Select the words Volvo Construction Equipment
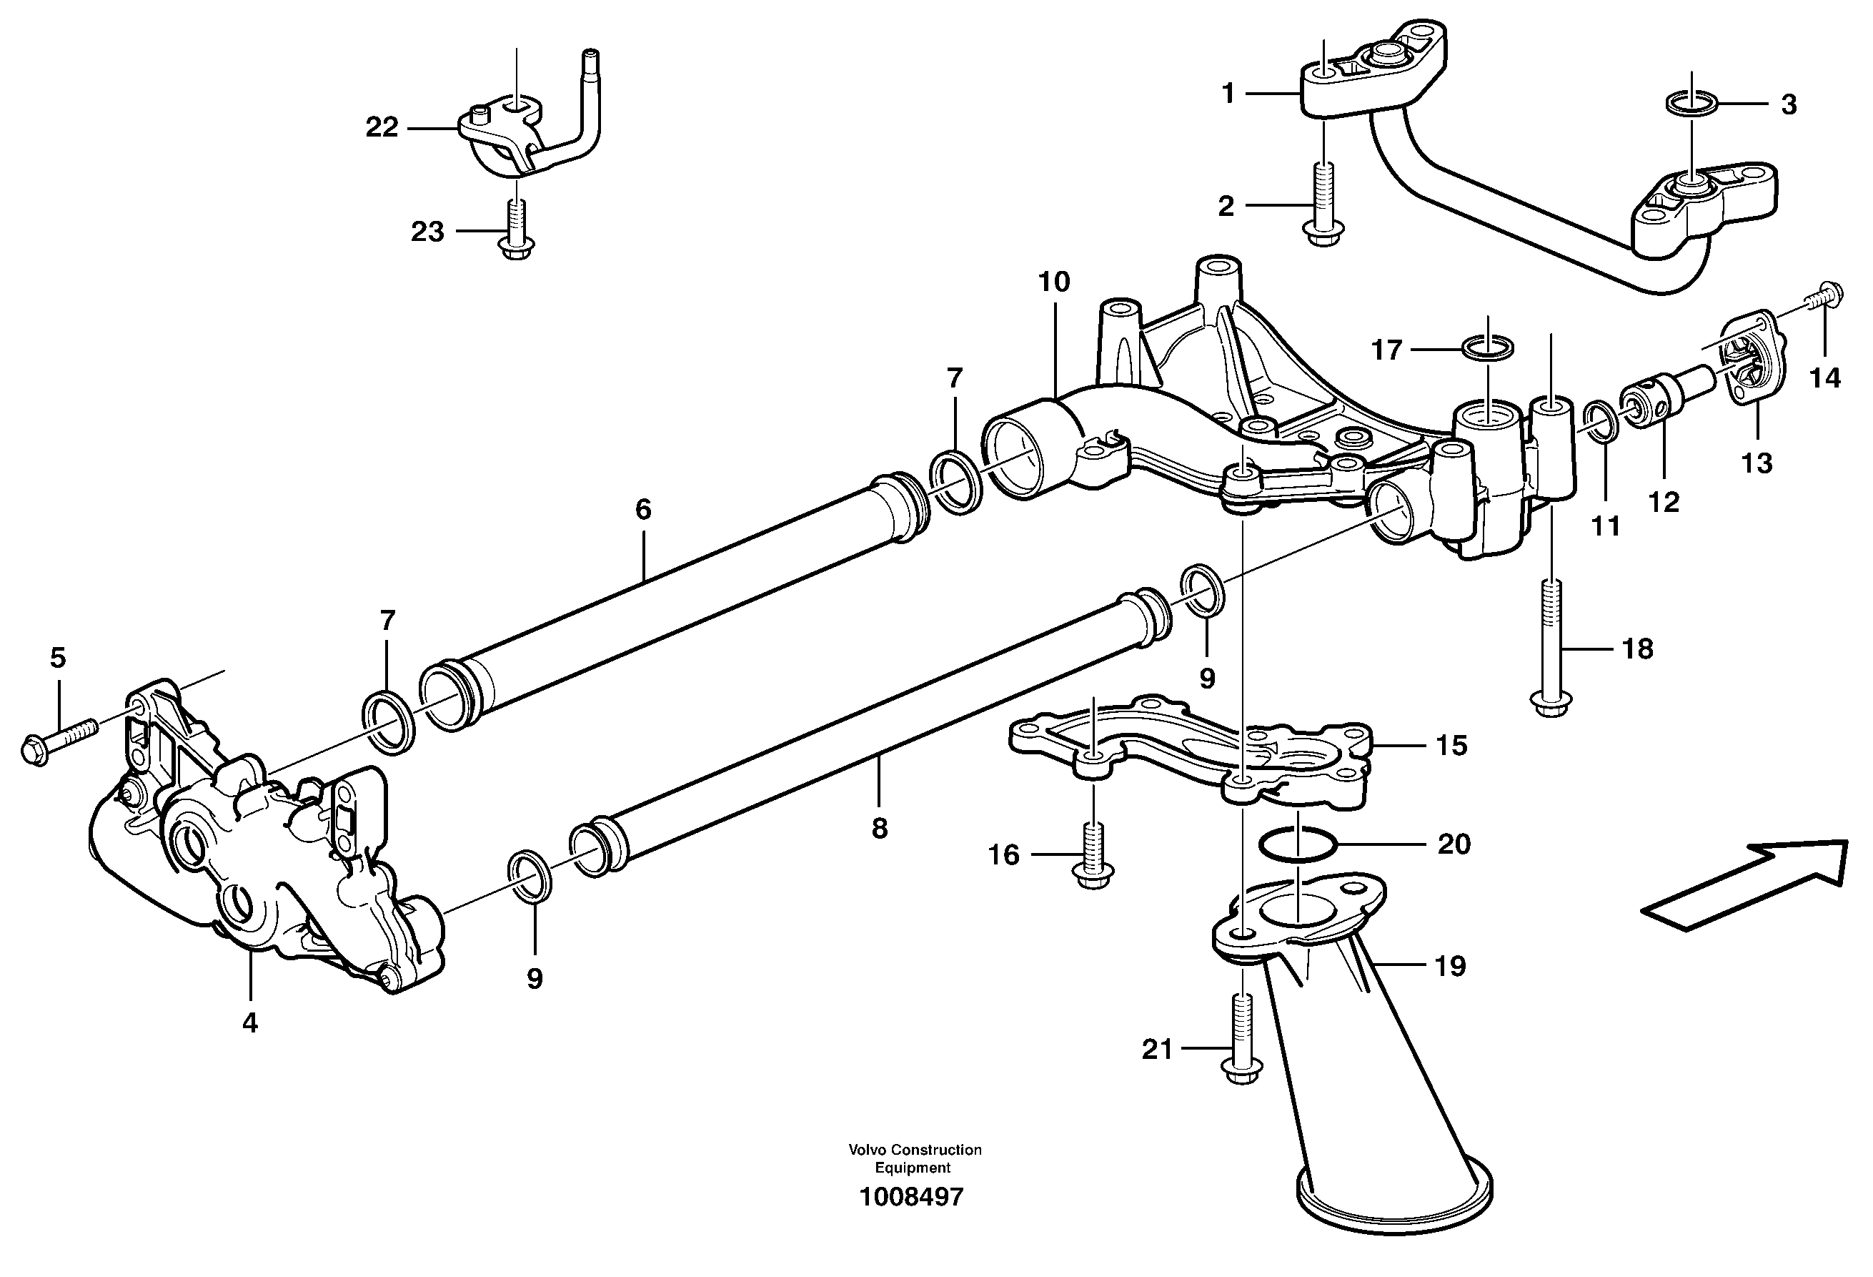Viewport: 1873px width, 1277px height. coord(914,1158)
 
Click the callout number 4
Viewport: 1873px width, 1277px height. coord(250,1023)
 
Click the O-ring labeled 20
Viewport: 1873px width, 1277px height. coord(1298,845)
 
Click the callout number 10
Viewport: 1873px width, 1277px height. coord(1053,282)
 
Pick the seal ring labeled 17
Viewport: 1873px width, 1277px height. coord(1488,349)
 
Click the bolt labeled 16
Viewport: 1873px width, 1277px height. coord(1093,856)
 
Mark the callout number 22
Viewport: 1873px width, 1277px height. coord(382,127)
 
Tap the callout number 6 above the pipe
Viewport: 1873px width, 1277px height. coord(642,510)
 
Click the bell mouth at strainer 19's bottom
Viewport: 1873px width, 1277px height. coord(1394,1201)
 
